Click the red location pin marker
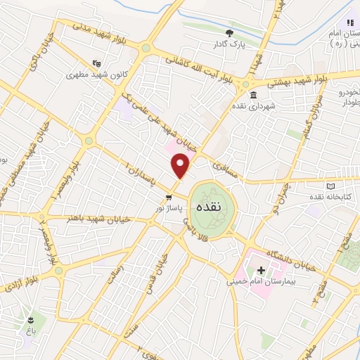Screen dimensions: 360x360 pyautogui.click(x=181, y=166)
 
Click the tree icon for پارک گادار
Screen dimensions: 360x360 pyautogui.click(x=229, y=33)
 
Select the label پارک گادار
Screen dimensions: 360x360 pyautogui.click(x=229, y=45)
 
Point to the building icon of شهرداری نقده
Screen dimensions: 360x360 pyautogui.click(x=254, y=96)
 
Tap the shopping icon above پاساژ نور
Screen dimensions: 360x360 pyautogui.click(x=168, y=198)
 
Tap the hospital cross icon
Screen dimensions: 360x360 pyautogui.click(x=261, y=270)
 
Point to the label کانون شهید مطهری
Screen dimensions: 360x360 pyautogui.click(x=91, y=74)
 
